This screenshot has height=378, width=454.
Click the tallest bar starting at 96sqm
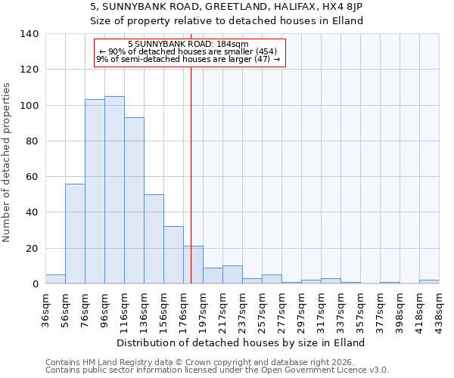click(114, 190)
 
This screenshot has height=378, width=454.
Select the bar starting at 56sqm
click(75, 234)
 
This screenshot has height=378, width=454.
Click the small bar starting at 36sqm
click(55, 279)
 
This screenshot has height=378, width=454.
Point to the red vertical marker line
click(191, 174)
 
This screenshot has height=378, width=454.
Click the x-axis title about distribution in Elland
click(241, 342)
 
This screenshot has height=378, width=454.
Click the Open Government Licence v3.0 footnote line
click(217, 370)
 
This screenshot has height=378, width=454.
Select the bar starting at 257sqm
click(272, 279)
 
